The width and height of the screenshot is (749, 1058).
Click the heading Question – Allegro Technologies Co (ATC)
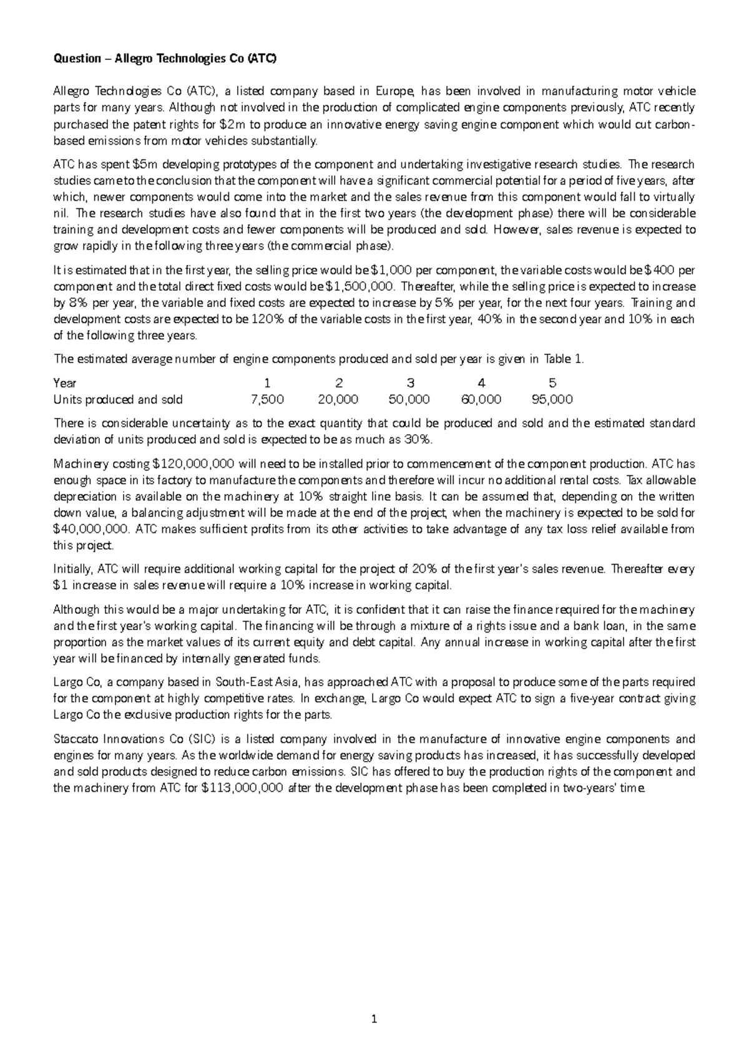point(164,59)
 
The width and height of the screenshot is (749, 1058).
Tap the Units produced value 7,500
point(267,399)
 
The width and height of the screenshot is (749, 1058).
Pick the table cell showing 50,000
point(409,399)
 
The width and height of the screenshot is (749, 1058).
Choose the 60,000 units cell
point(481,399)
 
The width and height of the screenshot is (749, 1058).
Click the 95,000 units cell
point(552,399)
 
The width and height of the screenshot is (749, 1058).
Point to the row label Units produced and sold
point(118,399)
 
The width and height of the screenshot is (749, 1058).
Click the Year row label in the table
point(65,383)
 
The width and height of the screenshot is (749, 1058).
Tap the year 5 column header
point(552,383)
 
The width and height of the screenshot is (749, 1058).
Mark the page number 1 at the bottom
point(374,1020)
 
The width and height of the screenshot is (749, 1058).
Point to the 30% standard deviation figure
point(416,440)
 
